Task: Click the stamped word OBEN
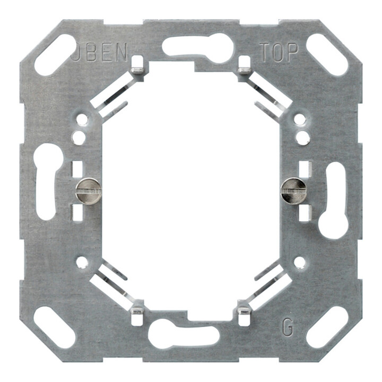click(100, 51)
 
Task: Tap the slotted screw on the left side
click(88, 190)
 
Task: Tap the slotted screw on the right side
click(293, 190)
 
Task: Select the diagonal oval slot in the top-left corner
click(55, 55)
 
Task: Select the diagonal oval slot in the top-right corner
click(327, 55)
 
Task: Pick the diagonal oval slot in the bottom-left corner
click(55, 327)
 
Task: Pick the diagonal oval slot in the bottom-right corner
click(327, 327)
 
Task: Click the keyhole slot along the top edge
click(198, 48)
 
